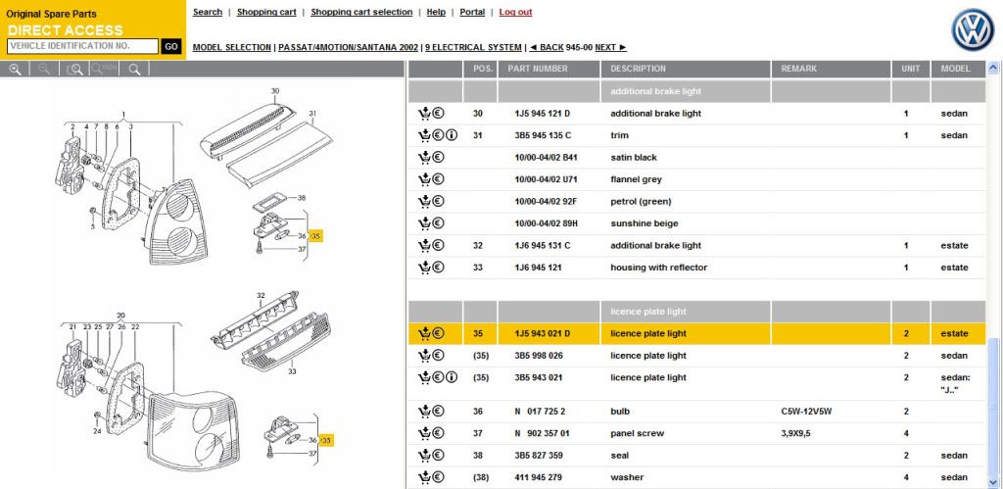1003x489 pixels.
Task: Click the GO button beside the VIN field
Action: (x=170, y=46)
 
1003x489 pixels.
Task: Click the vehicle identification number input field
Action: (x=82, y=46)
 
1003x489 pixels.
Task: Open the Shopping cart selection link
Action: (x=361, y=12)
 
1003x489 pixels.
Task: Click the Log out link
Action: (x=515, y=12)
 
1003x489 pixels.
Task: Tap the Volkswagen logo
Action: (x=973, y=30)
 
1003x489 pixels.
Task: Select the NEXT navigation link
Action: (x=611, y=47)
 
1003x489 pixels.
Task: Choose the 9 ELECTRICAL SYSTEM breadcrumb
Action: (x=473, y=47)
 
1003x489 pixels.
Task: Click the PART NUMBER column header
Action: (x=538, y=69)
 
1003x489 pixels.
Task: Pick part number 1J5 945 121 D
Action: (x=542, y=114)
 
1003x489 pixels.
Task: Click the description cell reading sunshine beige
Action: (x=645, y=223)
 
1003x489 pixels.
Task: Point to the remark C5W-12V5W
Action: (x=807, y=412)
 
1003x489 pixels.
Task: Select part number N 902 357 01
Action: (x=542, y=433)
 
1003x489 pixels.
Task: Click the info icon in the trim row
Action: (x=453, y=135)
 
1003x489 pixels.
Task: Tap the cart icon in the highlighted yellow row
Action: (x=424, y=333)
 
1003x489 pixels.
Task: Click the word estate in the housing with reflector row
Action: (x=954, y=268)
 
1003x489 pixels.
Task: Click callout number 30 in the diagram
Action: (x=275, y=91)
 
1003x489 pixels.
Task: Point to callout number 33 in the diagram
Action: (x=292, y=371)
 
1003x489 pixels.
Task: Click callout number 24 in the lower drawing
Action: (x=97, y=431)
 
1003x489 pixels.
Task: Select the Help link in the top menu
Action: (x=436, y=12)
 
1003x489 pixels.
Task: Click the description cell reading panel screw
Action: (x=637, y=433)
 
